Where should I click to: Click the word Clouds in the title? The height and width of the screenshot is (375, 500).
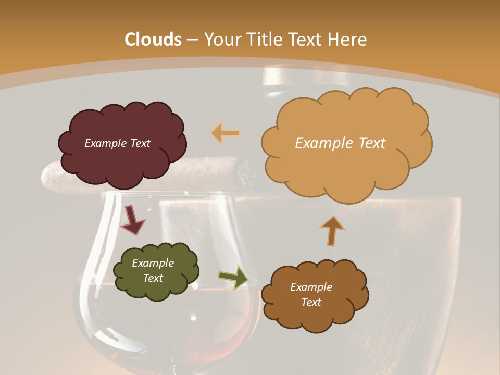pyautogui.click(x=153, y=40)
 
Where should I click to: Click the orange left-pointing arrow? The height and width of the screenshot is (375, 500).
pyautogui.click(x=226, y=133)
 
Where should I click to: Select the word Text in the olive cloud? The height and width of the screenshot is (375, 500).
pyautogui.click(x=153, y=278)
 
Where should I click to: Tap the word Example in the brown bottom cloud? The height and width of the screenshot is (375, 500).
pyautogui.click(x=311, y=287)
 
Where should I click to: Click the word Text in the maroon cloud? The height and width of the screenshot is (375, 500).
pyautogui.click(x=140, y=143)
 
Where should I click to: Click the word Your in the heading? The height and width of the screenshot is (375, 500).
pyautogui.click(x=220, y=40)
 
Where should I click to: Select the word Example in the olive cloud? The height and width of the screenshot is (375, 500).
pyautogui.click(x=153, y=263)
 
